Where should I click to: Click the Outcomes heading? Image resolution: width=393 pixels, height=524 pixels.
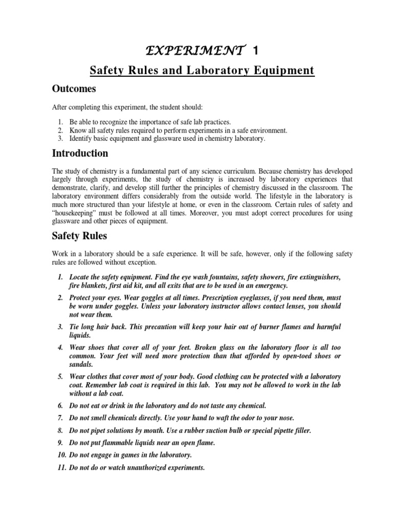[x=74, y=89]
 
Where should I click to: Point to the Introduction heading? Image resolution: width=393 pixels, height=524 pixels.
[x=80, y=153]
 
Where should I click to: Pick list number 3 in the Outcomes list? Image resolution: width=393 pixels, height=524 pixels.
[x=60, y=139]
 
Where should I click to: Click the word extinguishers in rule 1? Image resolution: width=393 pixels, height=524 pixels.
[x=318, y=277]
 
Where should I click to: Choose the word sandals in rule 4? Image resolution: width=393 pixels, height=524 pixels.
[x=81, y=364]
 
